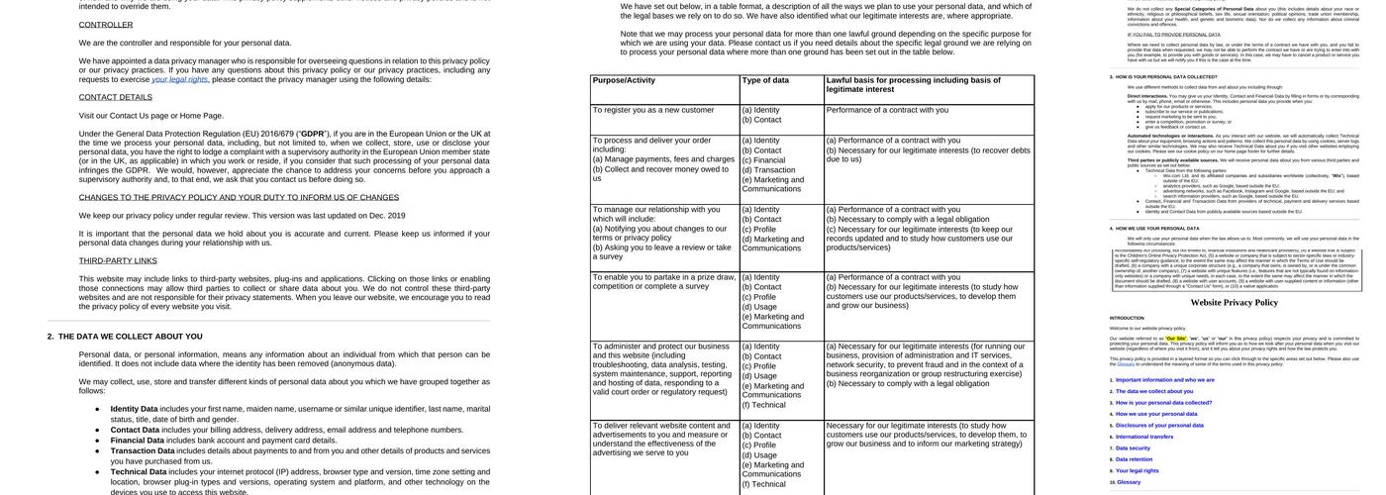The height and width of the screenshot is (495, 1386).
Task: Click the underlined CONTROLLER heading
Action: pyautogui.click(x=106, y=25)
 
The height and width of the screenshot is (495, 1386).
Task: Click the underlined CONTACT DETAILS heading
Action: pyautogui.click(x=116, y=97)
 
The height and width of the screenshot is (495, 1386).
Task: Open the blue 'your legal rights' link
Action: pyautogui.click(x=179, y=79)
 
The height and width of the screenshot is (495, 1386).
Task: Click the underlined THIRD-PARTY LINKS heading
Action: pyautogui.click(x=118, y=261)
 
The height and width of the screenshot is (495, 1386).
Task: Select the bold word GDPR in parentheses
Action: pyautogui.click(x=313, y=134)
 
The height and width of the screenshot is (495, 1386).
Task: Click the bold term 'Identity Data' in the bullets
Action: pyautogui.click(x=134, y=409)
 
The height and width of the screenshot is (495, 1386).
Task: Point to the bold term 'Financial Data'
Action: pyautogui.click(x=137, y=441)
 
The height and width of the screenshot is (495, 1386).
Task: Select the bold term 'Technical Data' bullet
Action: pyautogui.click(x=138, y=472)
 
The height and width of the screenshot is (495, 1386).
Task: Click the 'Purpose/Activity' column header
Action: pyautogui.click(x=624, y=80)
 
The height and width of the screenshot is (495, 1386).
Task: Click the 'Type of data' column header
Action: pyautogui.click(x=765, y=80)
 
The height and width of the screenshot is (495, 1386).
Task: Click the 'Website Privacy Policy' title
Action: pyautogui.click(x=1234, y=303)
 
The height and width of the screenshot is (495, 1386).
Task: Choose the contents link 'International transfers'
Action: pyautogui.click(x=1146, y=437)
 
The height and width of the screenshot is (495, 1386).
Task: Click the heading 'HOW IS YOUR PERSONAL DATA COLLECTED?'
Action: pyautogui.click(x=1166, y=76)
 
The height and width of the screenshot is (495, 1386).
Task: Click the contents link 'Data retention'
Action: pyautogui.click(x=1137, y=459)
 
